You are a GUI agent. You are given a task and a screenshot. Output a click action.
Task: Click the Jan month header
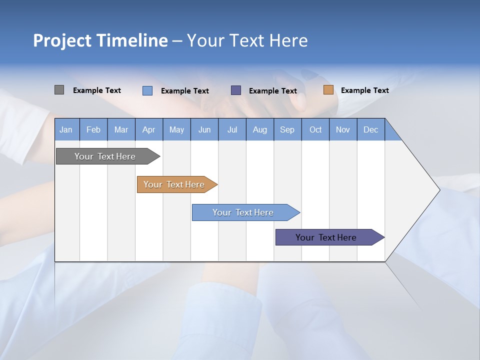tap(66, 129)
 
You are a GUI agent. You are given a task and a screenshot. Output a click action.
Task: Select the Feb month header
tap(93, 129)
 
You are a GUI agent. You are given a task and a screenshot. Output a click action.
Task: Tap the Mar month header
tap(121, 129)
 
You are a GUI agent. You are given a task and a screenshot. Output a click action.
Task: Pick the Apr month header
tap(149, 129)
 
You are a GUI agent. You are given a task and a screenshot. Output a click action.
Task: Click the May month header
tap(176, 129)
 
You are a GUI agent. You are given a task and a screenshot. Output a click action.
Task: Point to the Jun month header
tap(204, 129)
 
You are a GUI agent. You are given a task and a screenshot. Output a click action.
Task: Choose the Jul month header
tap(232, 129)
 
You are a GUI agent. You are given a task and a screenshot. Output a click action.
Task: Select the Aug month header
tap(260, 129)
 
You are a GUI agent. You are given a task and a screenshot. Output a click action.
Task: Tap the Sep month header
tap(287, 129)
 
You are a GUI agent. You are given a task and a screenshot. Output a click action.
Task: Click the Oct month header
tap(315, 129)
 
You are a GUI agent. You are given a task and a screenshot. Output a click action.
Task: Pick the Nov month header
tap(343, 129)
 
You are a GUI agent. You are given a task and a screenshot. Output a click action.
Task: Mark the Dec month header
tap(371, 129)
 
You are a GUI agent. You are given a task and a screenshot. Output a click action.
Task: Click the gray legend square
tap(59, 90)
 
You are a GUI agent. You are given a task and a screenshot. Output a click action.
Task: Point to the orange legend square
tap(328, 90)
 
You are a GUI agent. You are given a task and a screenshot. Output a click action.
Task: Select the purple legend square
tap(236, 90)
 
